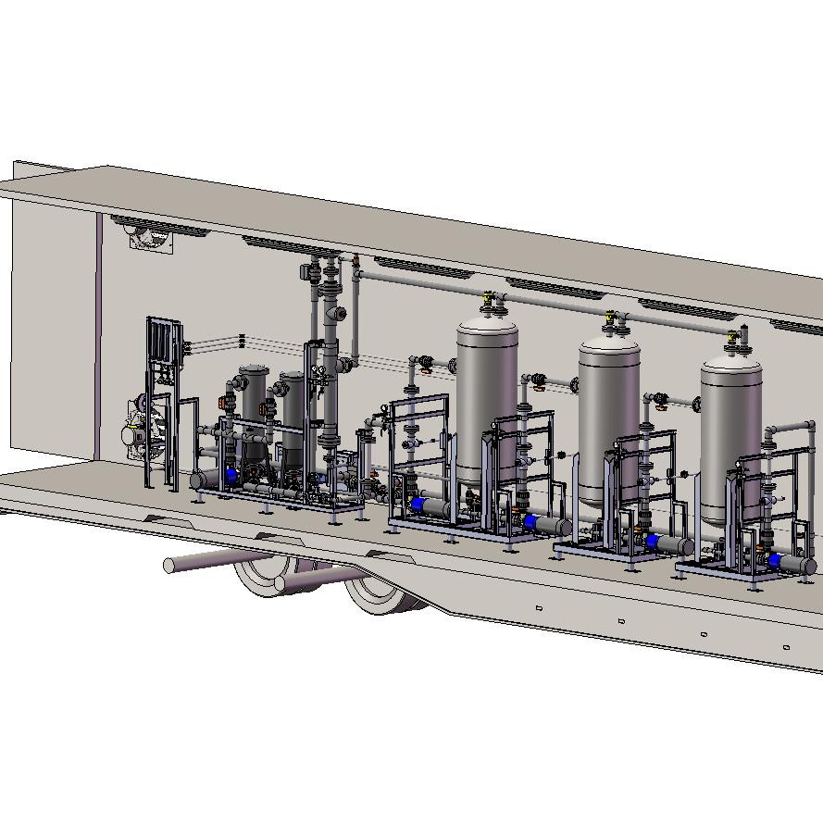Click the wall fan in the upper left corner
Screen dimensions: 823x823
[x=148, y=237]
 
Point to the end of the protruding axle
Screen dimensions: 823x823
[x=169, y=565]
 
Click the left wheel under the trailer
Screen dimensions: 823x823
[x=264, y=579]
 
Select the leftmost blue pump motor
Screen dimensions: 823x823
[x=231, y=474]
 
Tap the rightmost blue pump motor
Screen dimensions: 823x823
[x=774, y=561]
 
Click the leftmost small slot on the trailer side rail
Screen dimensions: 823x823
[x=539, y=608]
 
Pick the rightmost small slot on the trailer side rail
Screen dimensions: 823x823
[x=786, y=647]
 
